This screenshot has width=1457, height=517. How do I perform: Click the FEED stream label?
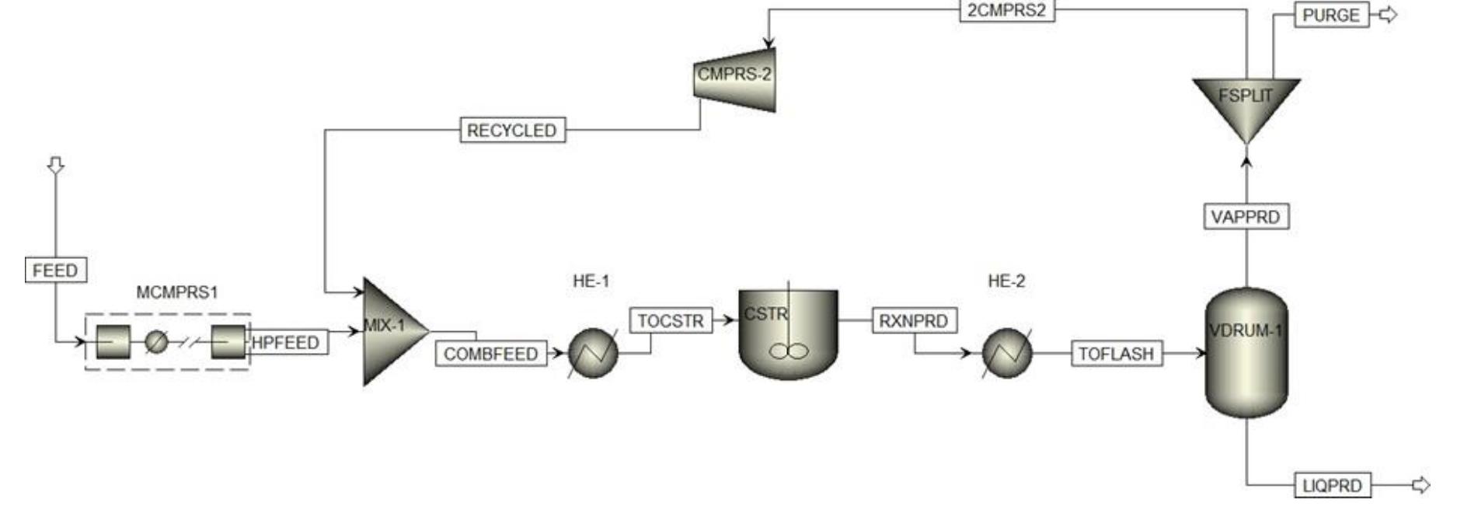55,270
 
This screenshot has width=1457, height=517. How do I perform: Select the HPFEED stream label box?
287,343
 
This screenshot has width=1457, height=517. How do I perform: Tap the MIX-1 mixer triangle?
390,330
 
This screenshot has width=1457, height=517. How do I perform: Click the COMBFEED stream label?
490,354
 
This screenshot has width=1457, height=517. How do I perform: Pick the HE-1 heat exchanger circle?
593,353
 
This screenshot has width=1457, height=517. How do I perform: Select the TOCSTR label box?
670,320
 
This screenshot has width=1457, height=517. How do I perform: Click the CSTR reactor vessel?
788,334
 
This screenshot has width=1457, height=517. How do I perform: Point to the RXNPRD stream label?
914,320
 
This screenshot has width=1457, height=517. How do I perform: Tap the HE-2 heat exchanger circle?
1007,353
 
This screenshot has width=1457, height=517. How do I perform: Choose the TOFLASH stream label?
1117,354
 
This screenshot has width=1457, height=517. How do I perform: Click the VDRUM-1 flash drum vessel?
1246,354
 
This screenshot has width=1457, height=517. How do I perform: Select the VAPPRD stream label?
1246,216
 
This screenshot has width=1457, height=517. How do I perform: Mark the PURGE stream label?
1330,15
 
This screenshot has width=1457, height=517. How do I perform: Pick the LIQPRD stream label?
1332,485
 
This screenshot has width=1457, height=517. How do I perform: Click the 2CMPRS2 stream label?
1006,10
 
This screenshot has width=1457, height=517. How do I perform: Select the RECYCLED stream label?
512,130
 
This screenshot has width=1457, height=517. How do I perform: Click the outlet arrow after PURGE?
1388,15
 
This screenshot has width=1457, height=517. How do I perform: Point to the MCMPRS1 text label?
177,292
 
